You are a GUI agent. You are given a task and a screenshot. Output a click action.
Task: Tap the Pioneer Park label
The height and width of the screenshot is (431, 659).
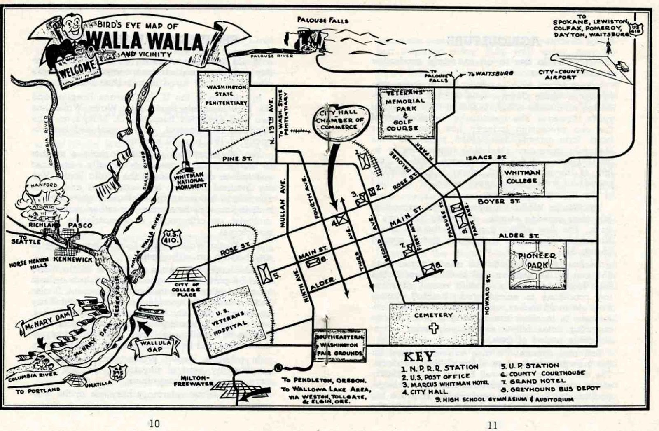click(x=537, y=261)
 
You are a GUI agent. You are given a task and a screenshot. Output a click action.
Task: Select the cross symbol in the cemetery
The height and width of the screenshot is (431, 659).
click(x=433, y=328)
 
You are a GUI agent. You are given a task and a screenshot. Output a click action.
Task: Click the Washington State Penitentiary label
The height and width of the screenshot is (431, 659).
click(x=226, y=95)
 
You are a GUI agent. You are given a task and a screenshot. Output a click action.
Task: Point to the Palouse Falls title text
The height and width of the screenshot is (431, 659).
click(x=322, y=20)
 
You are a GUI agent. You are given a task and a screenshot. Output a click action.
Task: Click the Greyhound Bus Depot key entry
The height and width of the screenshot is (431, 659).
click(x=549, y=389)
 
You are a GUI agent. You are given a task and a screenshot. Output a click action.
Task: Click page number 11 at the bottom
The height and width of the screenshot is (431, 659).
click(x=492, y=425)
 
